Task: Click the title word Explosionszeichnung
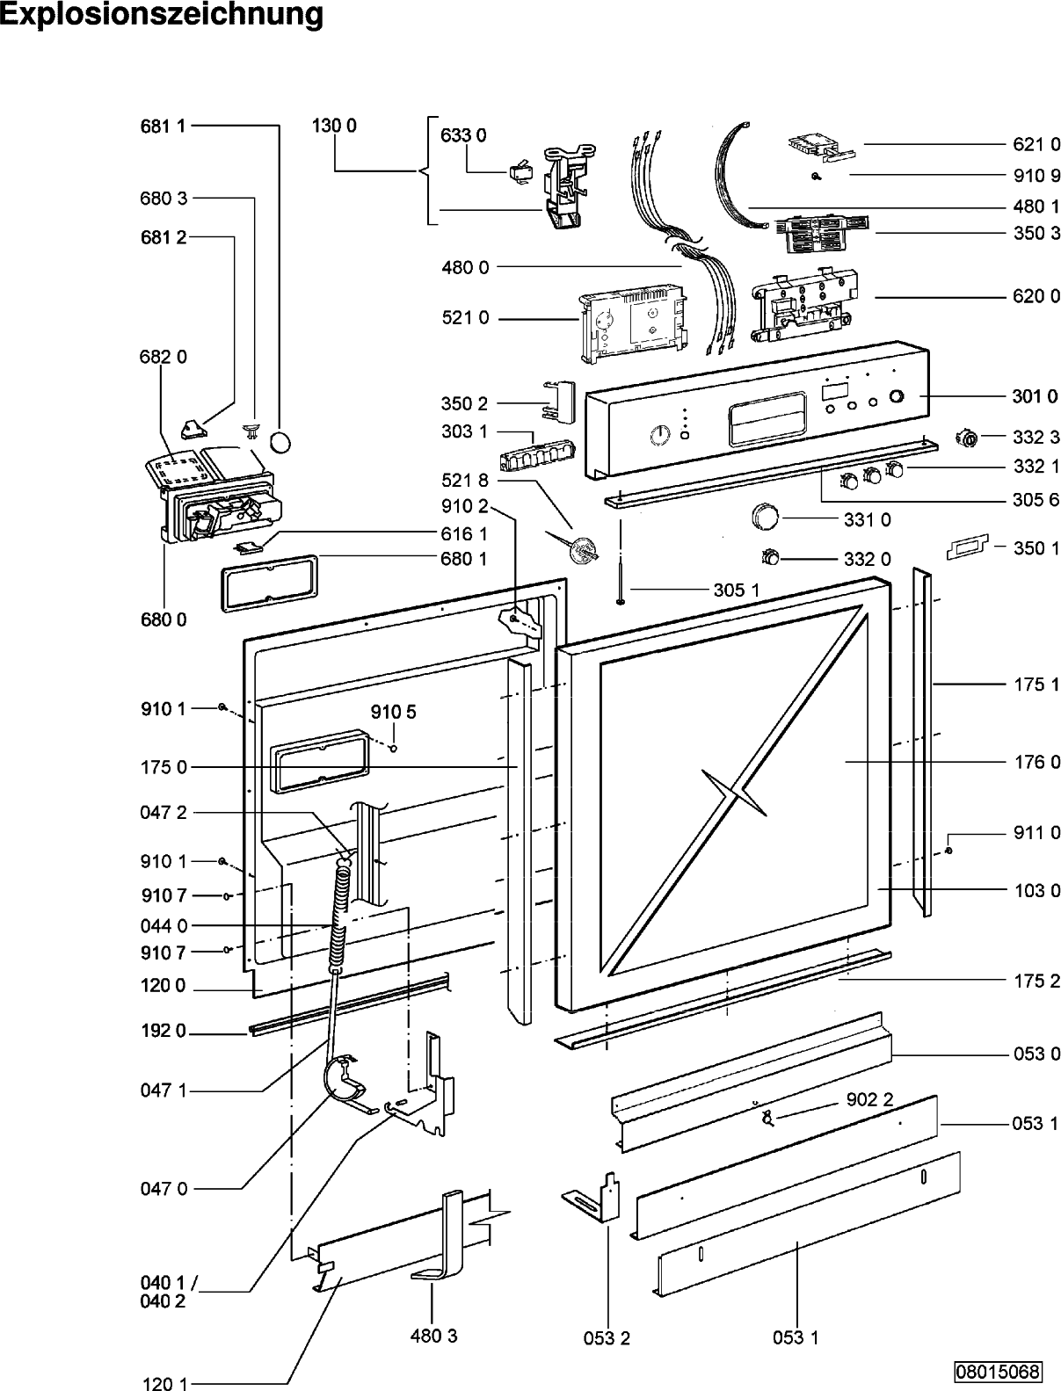tap(162, 15)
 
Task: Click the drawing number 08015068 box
tap(998, 1372)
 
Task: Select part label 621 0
tap(1036, 144)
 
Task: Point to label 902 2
tap(869, 1099)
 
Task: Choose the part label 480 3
tap(433, 1336)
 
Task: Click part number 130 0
tap(334, 126)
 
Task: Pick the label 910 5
tap(393, 713)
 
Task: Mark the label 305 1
tap(736, 590)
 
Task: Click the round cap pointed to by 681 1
tap(280, 442)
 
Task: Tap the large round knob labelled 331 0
tap(765, 517)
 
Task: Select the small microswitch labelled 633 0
tap(519, 174)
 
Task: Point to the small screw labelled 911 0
tap(948, 851)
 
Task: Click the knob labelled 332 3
tap(967, 438)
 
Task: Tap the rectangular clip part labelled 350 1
tap(967, 547)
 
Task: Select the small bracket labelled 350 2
tap(558, 401)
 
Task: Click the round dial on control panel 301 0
tap(660, 435)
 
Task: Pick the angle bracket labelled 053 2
tap(593, 1197)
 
